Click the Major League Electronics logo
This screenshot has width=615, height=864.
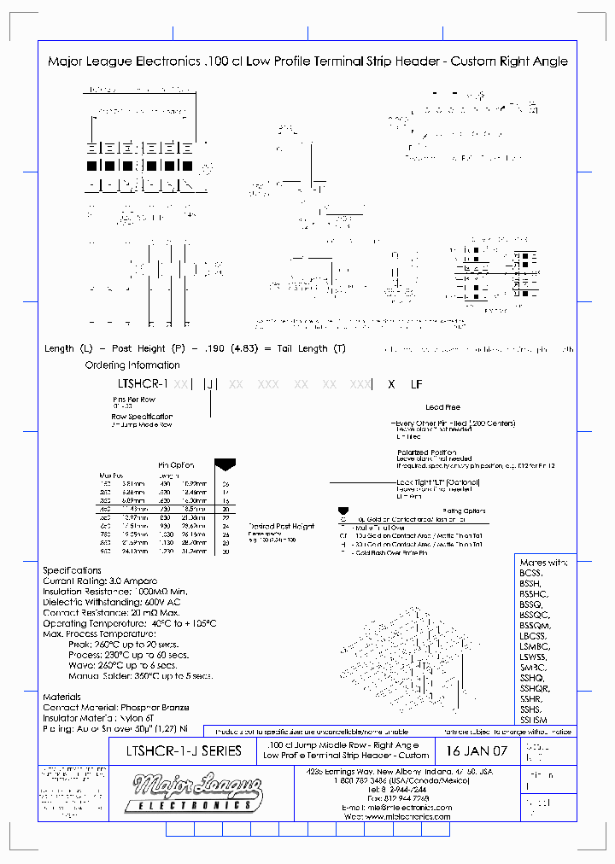point(193,791)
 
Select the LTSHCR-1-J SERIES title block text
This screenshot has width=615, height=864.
point(183,751)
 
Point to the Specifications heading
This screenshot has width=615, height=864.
point(72,569)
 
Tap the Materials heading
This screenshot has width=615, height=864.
point(61,697)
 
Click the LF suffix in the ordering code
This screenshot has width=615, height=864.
point(416,385)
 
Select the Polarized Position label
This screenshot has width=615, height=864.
point(425,452)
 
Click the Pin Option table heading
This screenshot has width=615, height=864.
point(177,465)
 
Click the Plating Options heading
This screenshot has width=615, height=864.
point(463,511)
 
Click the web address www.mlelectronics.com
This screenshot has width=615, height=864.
point(407,817)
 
